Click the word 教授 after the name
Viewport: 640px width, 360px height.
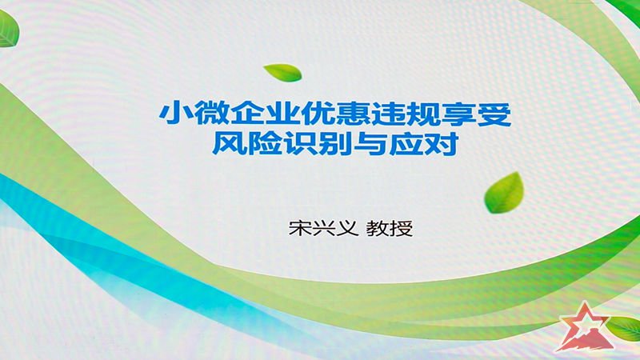pyautogui.click(x=390, y=228)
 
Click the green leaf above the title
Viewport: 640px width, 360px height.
pyautogui.click(x=283, y=73)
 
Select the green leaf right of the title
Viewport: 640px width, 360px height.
pyautogui.click(x=504, y=193)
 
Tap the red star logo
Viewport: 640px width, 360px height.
pyautogui.click(x=584, y=327)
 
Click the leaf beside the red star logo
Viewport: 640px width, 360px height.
pyautogui.click(x=624, y=329)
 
